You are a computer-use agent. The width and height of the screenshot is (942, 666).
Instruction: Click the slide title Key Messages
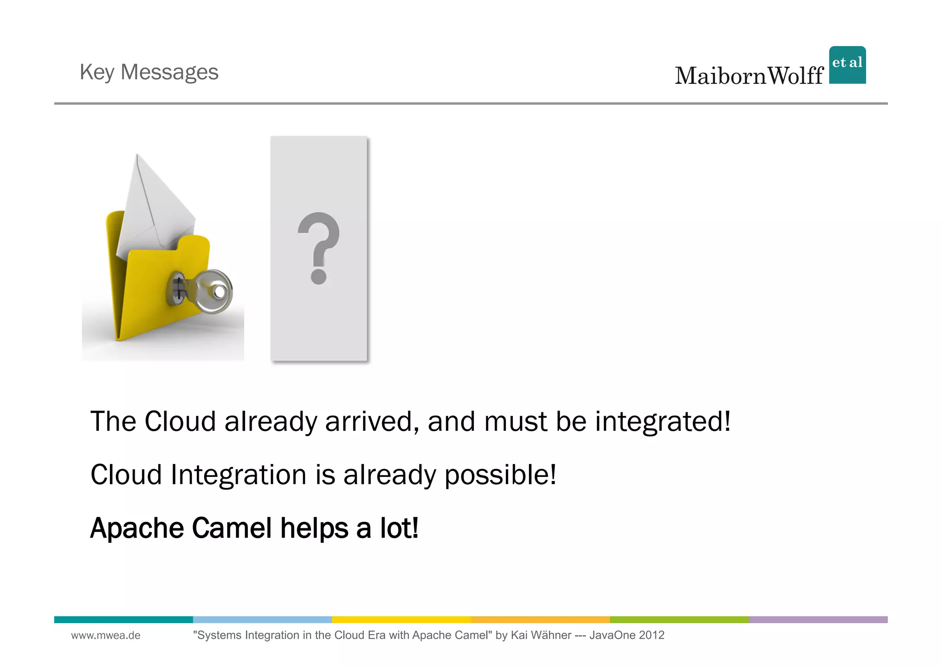pos(149,72)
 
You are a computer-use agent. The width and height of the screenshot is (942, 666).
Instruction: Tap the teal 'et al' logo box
pos(847,65)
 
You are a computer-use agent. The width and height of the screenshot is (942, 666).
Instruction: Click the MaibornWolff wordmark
pos(749,76)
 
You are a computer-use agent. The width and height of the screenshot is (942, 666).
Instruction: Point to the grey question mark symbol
pos(318,248)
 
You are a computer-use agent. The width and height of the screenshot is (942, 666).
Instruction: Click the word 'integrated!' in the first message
pos(663,422)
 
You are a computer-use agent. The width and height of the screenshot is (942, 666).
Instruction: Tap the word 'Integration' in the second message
pos(238,475)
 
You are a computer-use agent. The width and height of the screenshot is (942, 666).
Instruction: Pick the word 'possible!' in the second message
pos(500,475)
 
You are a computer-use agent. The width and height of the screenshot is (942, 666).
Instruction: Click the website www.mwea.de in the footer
pos(106,636)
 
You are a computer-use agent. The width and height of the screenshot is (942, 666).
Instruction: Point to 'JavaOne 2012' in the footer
pos(626,636)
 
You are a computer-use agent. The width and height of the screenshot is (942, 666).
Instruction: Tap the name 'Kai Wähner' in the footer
pos(541,636)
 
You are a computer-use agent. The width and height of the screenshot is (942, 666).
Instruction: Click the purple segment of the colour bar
pos(818,620)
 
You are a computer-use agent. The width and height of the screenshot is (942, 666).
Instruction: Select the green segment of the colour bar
pos(679,620)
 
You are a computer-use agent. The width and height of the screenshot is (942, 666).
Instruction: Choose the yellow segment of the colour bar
pos(401,620)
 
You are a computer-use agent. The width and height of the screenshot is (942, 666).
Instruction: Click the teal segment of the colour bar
pos(123,620)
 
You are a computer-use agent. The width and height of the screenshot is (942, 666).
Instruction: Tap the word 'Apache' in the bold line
pos(136,528)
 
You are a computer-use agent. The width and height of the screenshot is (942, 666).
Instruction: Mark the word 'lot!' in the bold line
pos(399,528)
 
